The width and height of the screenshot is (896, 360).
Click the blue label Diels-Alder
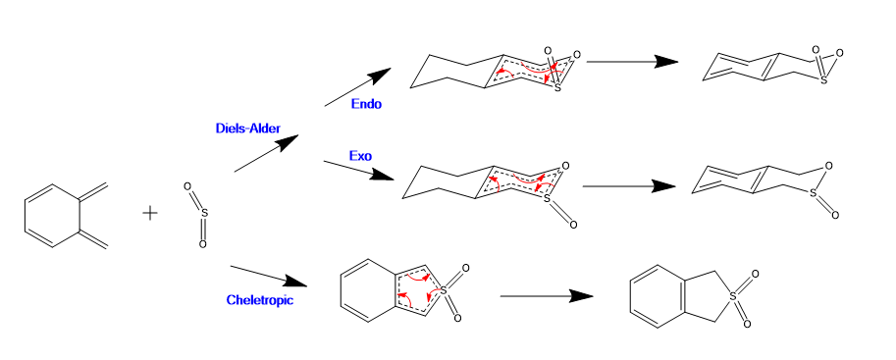[x=248, y=129]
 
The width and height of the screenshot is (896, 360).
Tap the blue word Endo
[x=366, y=105]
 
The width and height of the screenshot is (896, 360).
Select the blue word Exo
[x=360, y=155]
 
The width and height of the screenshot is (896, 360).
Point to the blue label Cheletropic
[x=260, y=299]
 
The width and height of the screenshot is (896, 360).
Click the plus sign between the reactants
[x=150, y=214]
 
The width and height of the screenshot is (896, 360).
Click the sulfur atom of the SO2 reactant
[x=205, y=214]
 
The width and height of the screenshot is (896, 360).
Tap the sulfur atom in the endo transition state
[x=557, y=88]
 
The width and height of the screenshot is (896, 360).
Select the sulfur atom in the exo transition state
[x=548, y=198]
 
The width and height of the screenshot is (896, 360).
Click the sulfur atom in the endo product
[x=823, y=80]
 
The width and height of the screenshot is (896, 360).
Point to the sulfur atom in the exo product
[x=814, y=193]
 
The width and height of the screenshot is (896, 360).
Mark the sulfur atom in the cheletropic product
[x=734, y=299]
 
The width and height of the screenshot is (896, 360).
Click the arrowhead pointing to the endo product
[x=666, y=62]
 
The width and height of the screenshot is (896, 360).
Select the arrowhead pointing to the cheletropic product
[x=581, y=296]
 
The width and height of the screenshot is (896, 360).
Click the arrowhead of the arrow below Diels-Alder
[x=288, y=141]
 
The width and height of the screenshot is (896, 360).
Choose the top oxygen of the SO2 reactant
[x=186, y=186]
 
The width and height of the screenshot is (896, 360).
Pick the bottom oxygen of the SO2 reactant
[x=202, y=244]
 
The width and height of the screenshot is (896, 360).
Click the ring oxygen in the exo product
[x=829, y=166]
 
